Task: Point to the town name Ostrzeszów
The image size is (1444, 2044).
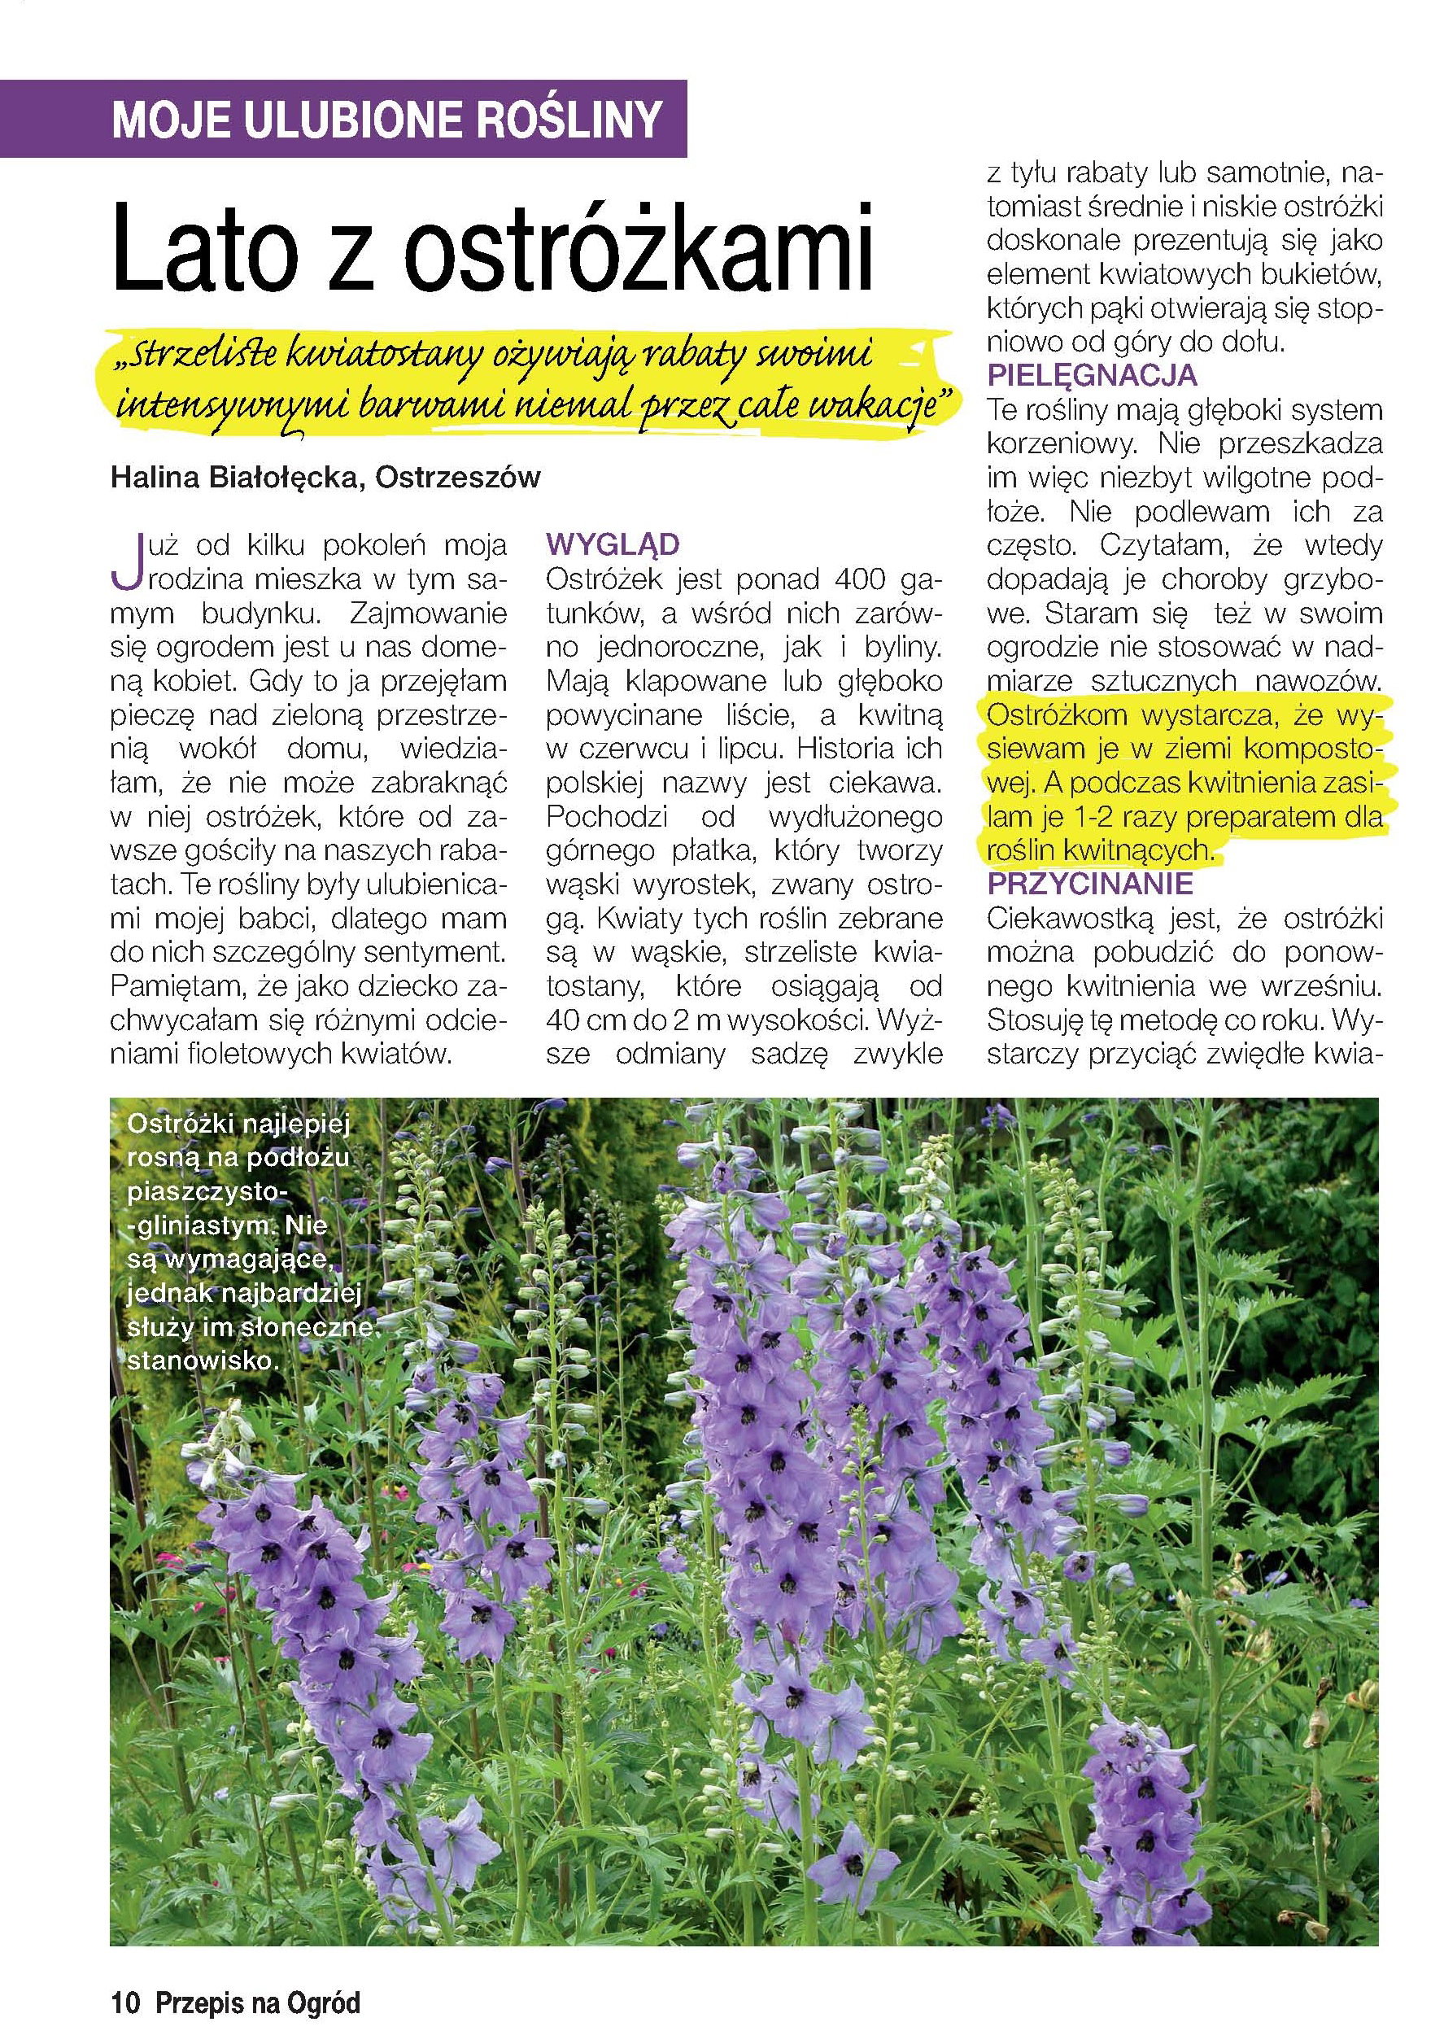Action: coord(459,478)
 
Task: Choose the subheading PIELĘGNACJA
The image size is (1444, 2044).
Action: coord(1093,376)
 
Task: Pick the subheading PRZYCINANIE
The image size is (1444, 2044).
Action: coord(1089,884)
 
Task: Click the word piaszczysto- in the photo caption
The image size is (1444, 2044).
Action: coord(204,1191)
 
